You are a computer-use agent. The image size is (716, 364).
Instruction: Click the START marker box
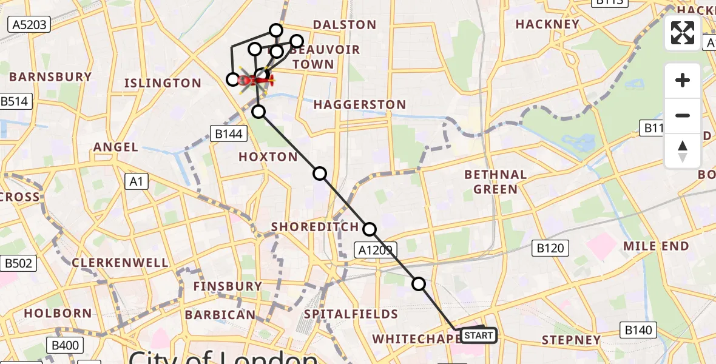click(478, 335)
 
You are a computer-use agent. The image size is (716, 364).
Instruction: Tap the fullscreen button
click(683, 33)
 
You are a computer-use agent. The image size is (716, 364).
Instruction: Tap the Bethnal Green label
click(495, 182)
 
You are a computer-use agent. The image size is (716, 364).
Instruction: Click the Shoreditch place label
click(315, 227)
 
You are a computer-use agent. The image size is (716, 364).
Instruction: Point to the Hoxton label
click(268, 157)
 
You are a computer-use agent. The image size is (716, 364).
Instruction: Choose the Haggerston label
click(360, 105)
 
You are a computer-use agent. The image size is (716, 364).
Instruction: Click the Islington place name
click(162, 83)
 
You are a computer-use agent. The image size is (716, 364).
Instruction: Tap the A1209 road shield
click(375, 249)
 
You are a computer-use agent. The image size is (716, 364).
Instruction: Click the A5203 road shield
click(29, 24)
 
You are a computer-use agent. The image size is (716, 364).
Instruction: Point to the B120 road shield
click(550, 248)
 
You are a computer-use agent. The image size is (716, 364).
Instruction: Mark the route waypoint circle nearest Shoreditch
click(370, 229)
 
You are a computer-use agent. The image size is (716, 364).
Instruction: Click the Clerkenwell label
click(120, 263)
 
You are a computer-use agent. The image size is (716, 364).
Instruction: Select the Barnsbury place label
click(50, 77)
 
